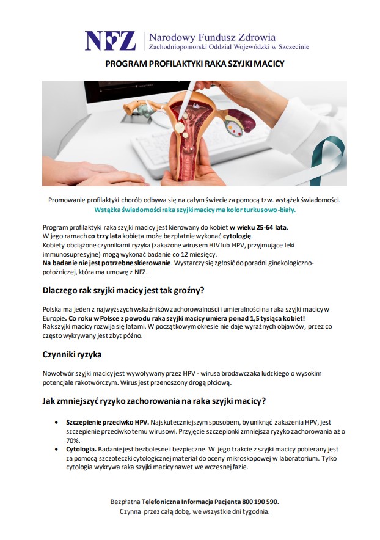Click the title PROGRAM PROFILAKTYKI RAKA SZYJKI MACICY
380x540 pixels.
pos(195,63)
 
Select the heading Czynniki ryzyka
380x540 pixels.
pos(71,354)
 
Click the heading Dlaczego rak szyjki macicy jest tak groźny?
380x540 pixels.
pos(123,290)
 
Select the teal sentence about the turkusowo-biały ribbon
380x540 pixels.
pos(195,209)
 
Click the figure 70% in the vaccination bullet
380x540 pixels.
pos(73,440)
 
